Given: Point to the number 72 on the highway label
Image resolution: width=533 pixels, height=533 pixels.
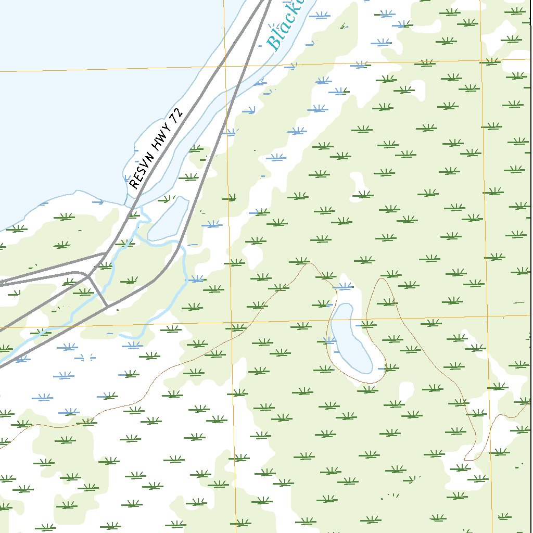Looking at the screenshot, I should click(x=177, y=115).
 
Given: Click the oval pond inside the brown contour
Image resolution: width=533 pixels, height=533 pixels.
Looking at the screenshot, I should click(x=352, y=341).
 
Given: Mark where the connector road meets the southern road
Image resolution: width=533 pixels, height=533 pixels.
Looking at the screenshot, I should click(x=107, y=306).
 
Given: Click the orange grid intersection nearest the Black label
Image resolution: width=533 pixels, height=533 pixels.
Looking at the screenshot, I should click(x=225, y=66).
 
